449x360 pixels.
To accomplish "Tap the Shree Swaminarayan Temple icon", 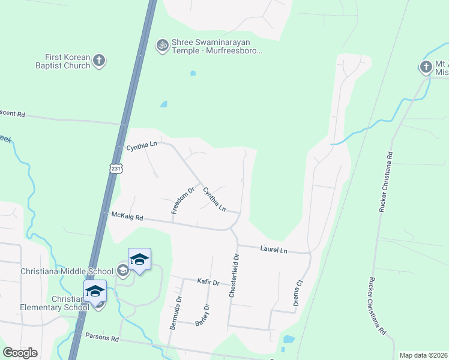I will (161, 45).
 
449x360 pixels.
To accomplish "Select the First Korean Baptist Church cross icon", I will (100, 60).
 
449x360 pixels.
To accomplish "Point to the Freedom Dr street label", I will (183, 200).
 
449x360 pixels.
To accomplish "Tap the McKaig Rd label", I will (127, 216).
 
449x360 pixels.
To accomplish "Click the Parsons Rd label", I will (102, 338).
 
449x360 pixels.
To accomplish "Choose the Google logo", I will (20, 353).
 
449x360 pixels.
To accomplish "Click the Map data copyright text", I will (423, 355).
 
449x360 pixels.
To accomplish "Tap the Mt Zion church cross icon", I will (426, 67).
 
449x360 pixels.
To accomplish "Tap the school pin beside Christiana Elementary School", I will (95, 292).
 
